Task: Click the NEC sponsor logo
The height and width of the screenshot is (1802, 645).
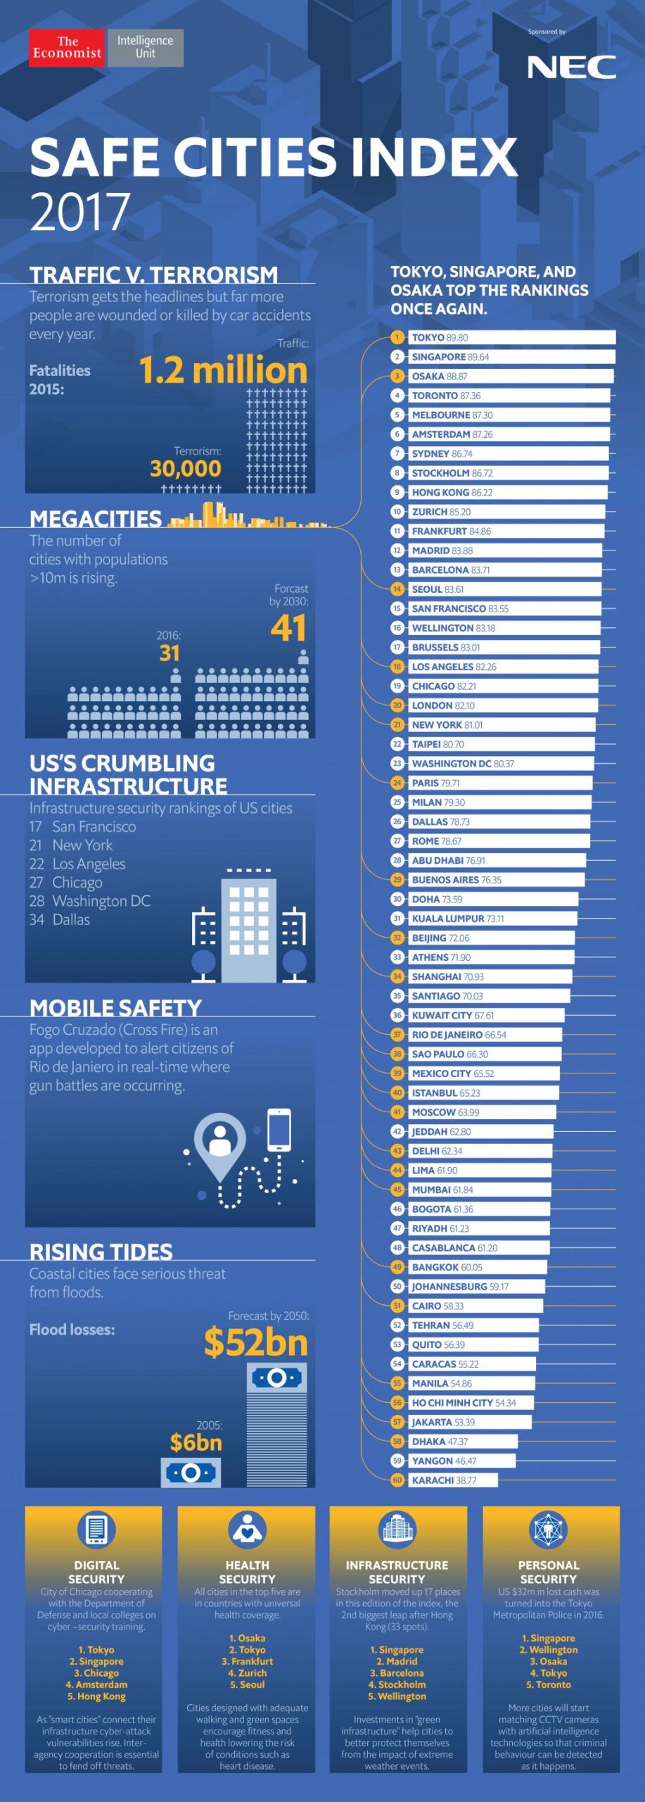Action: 571,68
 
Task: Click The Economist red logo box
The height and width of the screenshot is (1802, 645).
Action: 67,48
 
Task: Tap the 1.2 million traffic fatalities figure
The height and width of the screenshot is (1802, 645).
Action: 223,370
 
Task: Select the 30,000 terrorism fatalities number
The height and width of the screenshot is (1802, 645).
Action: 186,469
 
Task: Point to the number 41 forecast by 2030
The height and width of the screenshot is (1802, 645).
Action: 288,628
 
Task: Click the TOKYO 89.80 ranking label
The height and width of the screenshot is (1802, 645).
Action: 440,338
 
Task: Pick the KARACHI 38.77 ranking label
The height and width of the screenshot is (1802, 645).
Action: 444,1480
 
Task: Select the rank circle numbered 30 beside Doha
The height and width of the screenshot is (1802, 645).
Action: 397,899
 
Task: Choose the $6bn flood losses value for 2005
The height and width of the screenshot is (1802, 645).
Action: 196,1442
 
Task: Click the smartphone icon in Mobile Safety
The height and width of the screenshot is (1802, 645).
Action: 279,1129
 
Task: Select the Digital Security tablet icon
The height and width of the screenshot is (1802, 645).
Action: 96,1530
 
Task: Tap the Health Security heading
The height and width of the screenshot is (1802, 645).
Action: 247,1572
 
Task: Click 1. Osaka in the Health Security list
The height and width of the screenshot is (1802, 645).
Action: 247,1638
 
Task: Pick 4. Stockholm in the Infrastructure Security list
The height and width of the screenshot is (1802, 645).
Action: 397,1684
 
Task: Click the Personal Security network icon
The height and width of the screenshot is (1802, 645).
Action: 548,1530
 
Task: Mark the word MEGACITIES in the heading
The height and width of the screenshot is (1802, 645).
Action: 96,519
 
